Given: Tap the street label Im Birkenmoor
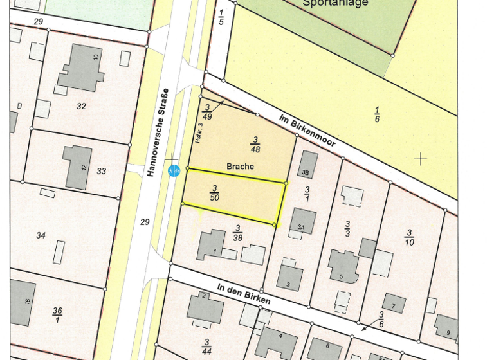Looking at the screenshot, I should (x=307, y=130).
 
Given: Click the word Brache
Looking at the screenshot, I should (x=240, y=166).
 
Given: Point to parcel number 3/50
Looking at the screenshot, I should (x=215, y=192).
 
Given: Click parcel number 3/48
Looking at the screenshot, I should (x=255, y=144).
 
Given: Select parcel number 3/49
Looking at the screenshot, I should (x=206, y=112).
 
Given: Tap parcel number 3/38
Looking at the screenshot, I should (x=237, y=232).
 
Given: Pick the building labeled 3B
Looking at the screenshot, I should (x=308, y=165).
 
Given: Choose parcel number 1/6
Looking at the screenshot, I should (x=376, y=114).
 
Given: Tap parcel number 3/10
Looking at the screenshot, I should (x=409, y=237).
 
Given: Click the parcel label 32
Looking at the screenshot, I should (x=81, y=106).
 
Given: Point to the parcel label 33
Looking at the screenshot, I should (x=101, y=171).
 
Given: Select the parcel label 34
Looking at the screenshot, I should (x=41, y=235).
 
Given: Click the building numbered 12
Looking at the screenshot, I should (x=78, y=167).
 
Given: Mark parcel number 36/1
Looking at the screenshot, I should (x=58, y=315).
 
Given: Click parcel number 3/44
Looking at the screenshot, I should (x=207, y=346).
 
